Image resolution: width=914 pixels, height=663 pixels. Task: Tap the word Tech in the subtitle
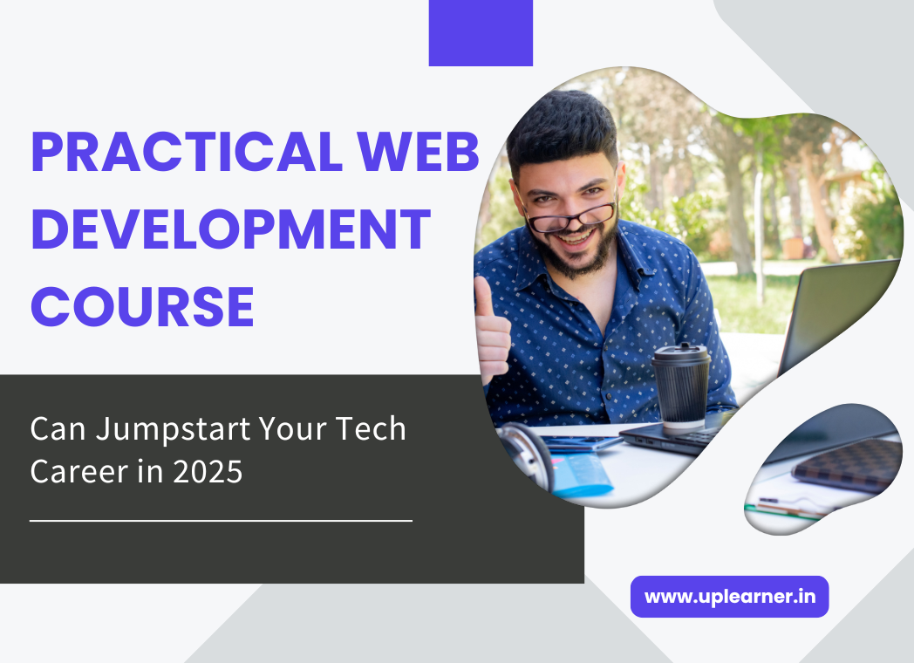coord(370,429)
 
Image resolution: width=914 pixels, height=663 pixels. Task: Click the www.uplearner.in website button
coord(729,597)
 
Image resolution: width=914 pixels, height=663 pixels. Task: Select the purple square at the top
coord(481,32)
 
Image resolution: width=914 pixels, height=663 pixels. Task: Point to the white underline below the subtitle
coord(221,521)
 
